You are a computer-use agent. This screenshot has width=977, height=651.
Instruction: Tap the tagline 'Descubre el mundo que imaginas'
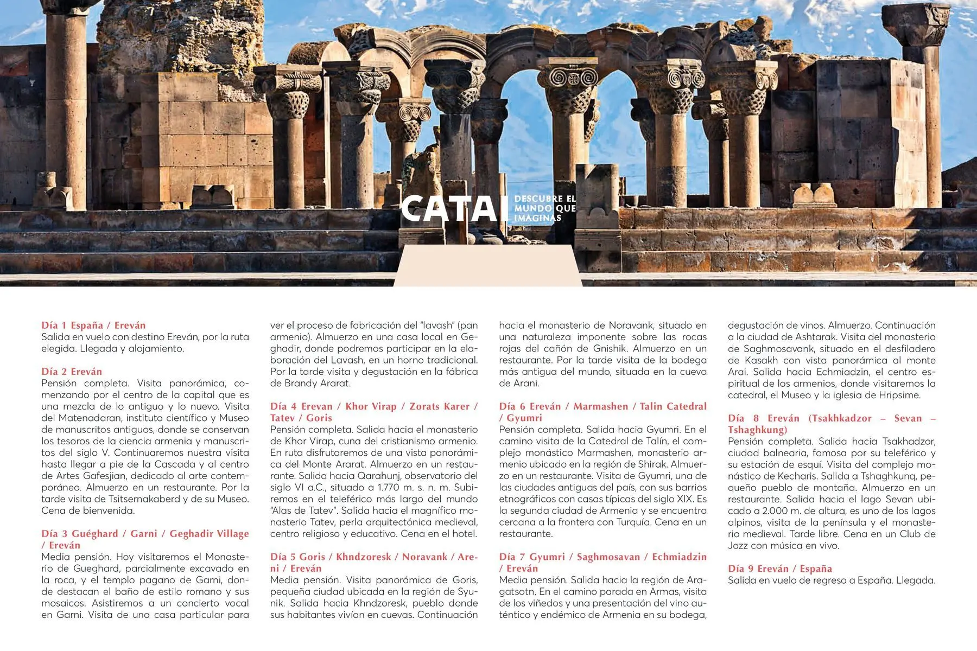(544, 208)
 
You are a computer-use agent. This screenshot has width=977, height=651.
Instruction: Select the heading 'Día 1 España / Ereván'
(93, 325)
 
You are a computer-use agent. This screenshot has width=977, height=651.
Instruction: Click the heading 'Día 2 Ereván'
(72, 372)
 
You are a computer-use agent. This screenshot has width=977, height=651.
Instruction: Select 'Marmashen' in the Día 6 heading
(600, 406)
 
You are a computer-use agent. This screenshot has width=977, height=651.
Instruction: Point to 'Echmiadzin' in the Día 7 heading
(679, 557)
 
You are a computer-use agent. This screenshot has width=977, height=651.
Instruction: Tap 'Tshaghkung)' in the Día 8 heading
(757, 430)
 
